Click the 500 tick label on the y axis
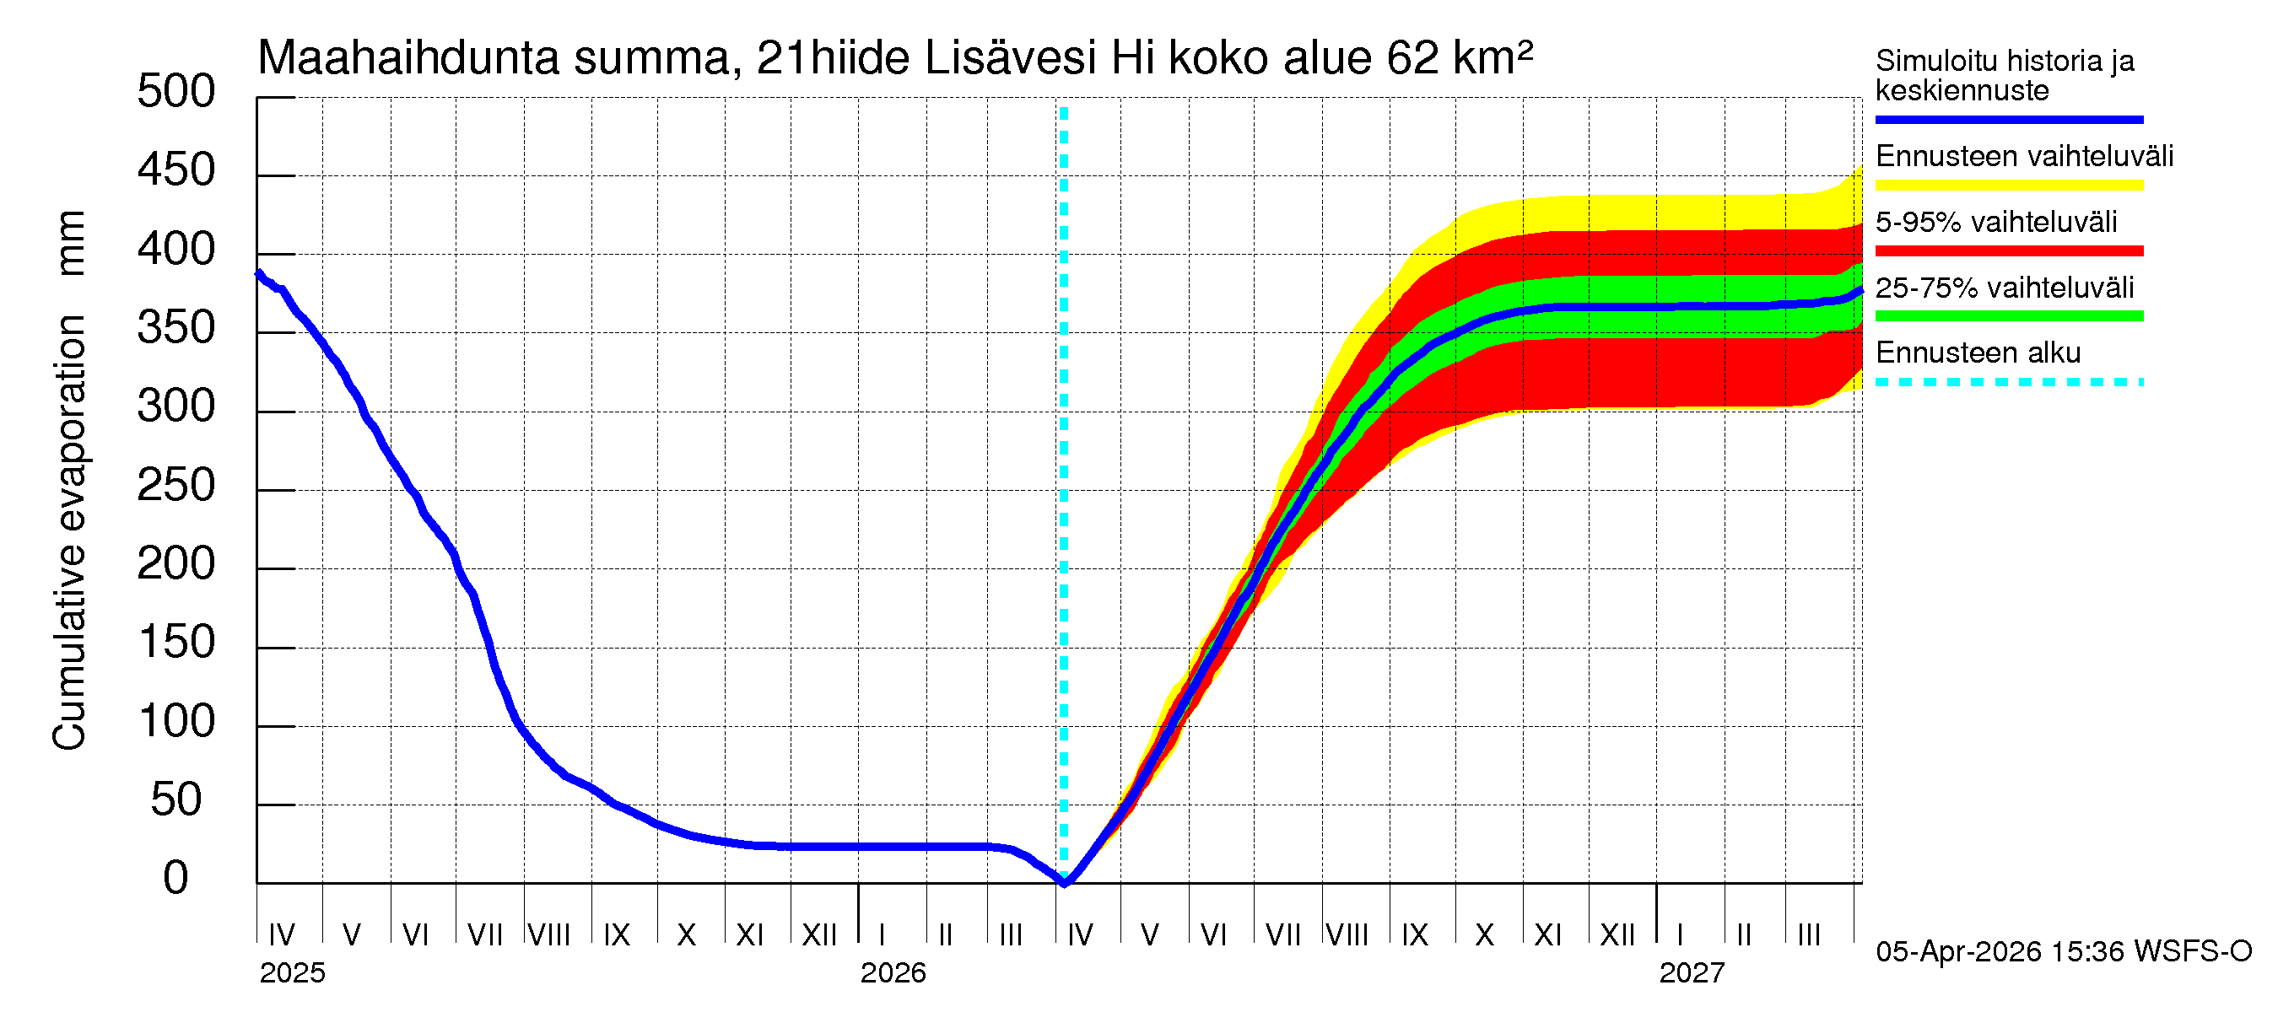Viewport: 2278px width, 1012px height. pos(175,92)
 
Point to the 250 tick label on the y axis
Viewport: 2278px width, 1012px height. pos(175,486)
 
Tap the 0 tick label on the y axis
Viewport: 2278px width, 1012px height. pos(175,879)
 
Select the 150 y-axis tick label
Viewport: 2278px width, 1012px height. pos(175,643)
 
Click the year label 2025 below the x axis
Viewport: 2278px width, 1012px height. pos(292,973)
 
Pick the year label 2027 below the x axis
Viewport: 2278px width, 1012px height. pos(1691,973)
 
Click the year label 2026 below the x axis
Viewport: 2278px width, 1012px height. pos(893,973)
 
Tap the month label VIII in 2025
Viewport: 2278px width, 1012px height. pos(548,935)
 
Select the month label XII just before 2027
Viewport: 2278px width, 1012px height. pos(1617,935)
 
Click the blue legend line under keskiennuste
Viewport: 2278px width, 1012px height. pos(2008,119)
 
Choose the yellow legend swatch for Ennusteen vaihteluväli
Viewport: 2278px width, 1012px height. pos(2008,186)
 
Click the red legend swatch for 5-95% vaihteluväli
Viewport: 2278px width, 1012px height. pos(2008,251)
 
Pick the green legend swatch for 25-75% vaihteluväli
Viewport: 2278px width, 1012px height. pos(2008,316)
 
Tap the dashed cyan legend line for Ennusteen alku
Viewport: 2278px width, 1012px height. pos(2008,383)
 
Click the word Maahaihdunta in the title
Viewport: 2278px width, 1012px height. pos(408,58)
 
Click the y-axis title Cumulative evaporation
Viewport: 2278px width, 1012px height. pos(69,530)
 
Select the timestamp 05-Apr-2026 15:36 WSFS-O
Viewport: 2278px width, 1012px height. pos(2063,952)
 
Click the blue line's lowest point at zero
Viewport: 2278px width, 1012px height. pos(1065,882)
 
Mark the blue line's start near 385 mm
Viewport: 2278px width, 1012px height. pos(258,274)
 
